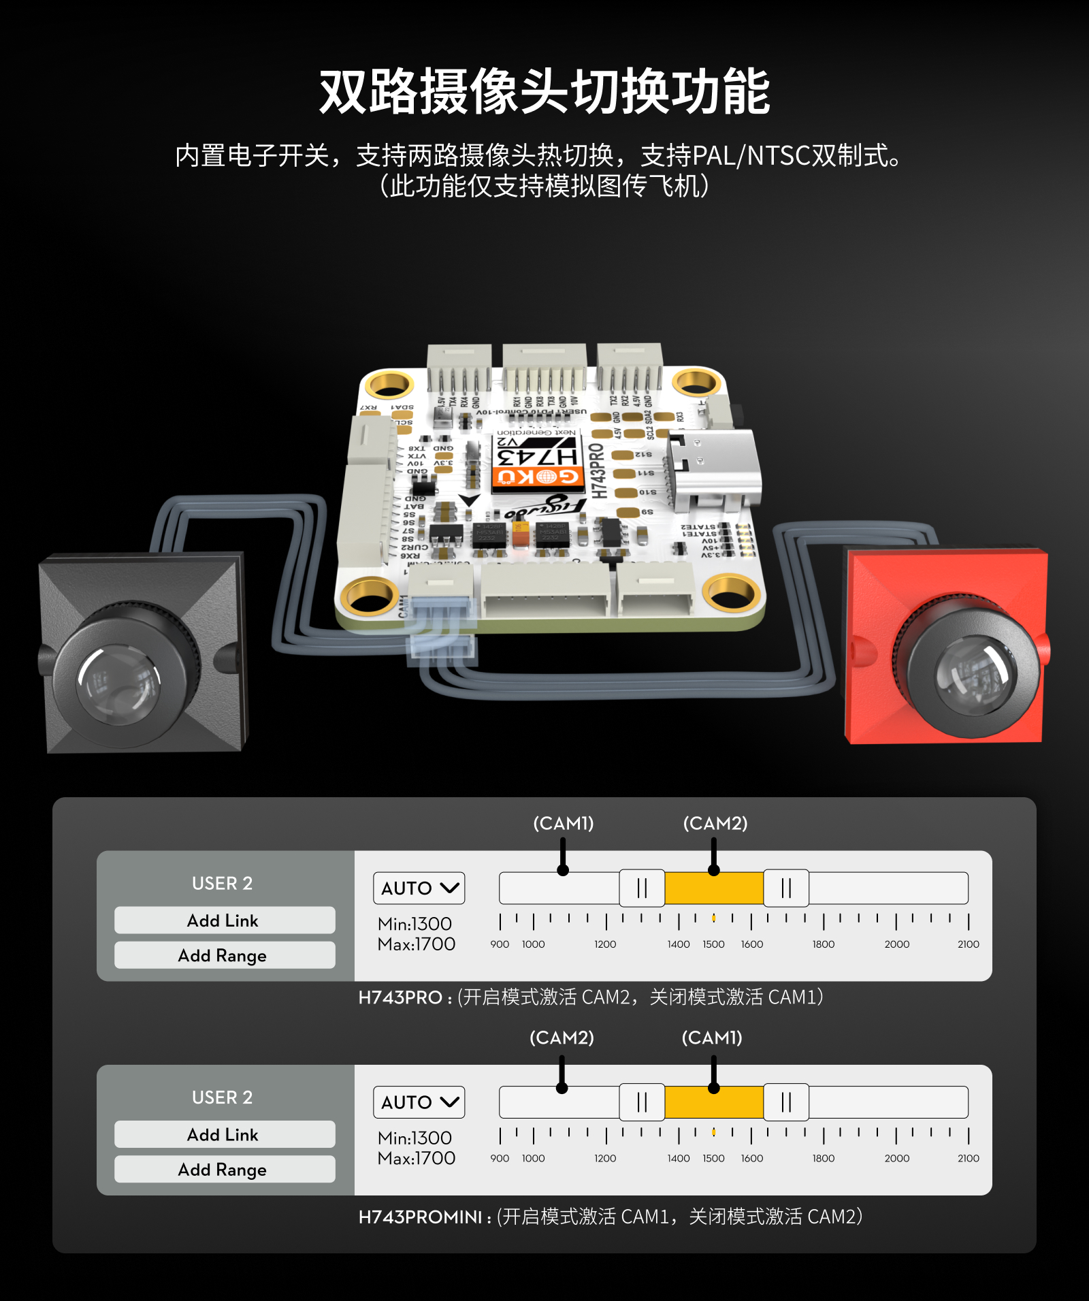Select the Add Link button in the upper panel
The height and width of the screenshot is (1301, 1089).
[x=224, y=920]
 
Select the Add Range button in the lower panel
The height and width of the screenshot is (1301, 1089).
[x=224, y=1170]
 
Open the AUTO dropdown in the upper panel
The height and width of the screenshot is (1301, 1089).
[x=419, y=888]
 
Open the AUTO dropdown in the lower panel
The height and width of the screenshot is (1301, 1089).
[x=419, y=1102]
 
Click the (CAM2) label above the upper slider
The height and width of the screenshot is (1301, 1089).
[x=715, y=824]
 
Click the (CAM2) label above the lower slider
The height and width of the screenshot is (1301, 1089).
[x=562, y=1038]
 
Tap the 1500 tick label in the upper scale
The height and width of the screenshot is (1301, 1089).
[x=713, y=944]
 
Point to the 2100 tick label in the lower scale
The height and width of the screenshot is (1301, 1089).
[x=968, y=1159]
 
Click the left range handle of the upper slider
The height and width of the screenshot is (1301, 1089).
[x=642, y=888]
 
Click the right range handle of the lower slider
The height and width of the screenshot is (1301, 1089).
[x=786, y=1102]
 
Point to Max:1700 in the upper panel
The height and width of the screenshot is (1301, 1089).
[x=417, y=945]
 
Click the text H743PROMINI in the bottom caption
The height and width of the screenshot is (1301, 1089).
[x=421, y=1217]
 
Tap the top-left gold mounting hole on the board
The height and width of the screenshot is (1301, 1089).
[x=389, y=384]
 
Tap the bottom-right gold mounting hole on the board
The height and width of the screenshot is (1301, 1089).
[x=730, y=592]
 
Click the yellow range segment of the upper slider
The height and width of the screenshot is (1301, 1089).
[x=713, y=888]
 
